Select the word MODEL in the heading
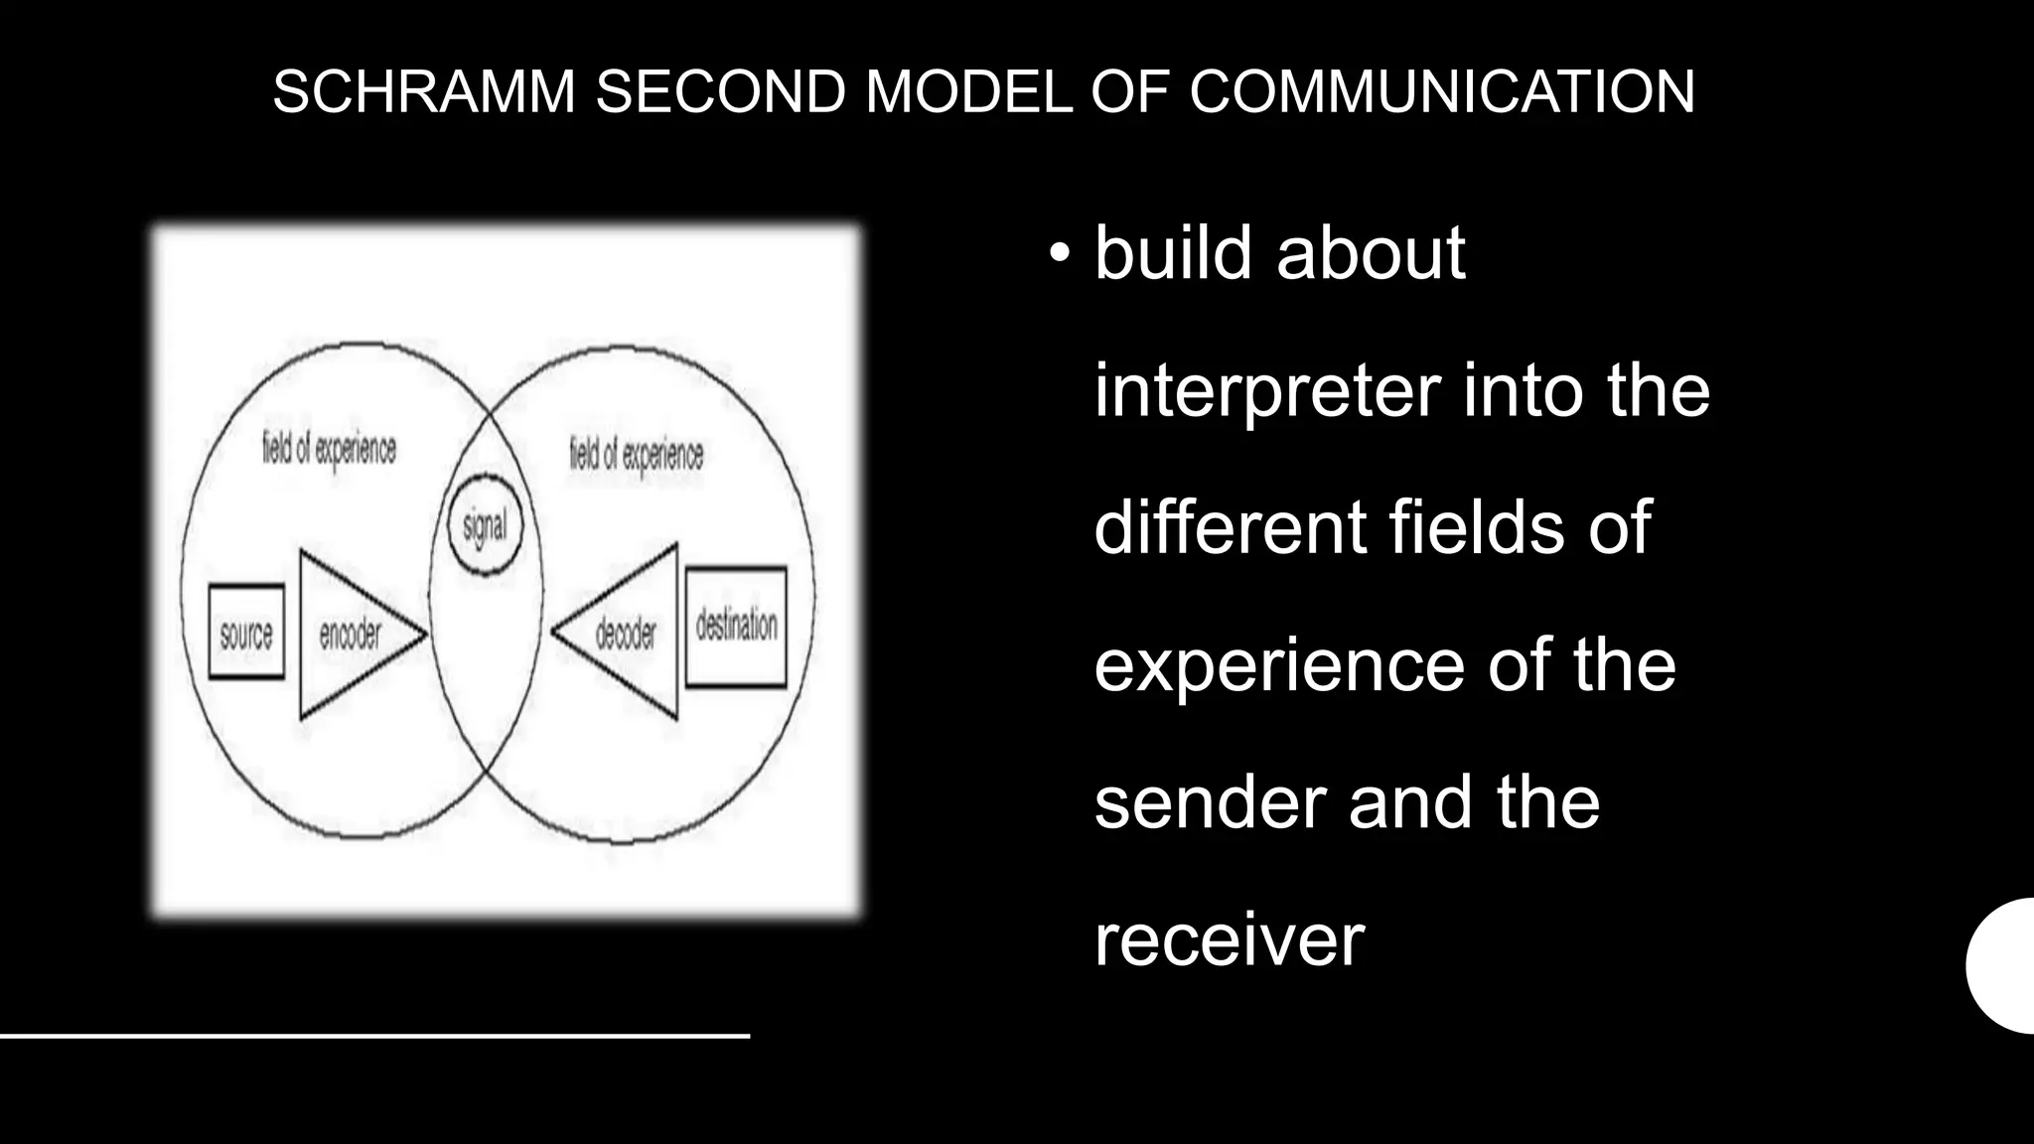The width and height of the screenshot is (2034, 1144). [969, 92]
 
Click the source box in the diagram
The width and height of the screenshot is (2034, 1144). [246, 633]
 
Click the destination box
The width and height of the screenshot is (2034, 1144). [736, 626]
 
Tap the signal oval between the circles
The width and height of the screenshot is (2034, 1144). [485, 525]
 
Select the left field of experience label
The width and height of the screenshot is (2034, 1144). [329, 449]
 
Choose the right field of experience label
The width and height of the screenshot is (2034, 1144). [636, 455]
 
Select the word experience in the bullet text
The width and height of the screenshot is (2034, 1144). [1279, 667]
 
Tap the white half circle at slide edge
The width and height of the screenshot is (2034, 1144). [2004, 965]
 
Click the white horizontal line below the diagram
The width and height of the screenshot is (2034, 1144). [374, 1036]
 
